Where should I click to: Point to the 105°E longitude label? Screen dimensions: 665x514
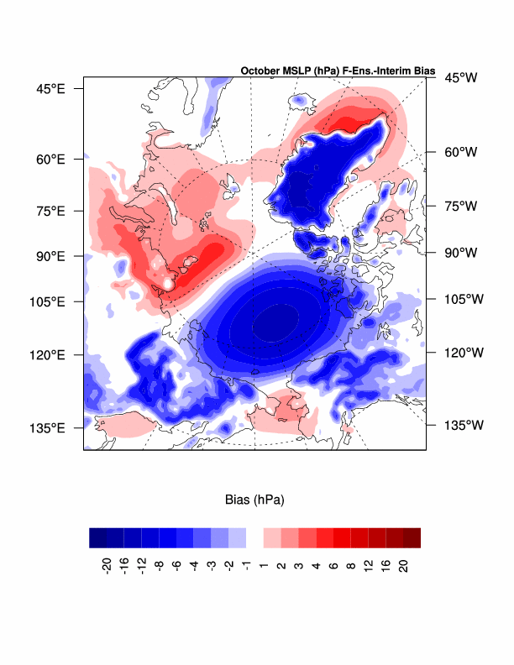(49, 301)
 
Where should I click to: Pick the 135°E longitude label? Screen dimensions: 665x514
(49, 427)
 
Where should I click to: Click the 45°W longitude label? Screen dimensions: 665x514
(460, 78)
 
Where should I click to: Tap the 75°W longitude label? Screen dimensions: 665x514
(460, 206)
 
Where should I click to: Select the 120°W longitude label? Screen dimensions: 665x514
(460, 353)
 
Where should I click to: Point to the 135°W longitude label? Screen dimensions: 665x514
(460, 425)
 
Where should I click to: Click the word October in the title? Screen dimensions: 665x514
(261, 71)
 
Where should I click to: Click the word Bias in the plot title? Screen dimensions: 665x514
(422, 71)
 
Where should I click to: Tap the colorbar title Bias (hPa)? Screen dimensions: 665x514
(254, 500)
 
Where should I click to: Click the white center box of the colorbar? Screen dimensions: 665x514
(254, 537)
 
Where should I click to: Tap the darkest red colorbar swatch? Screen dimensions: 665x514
(412, 537)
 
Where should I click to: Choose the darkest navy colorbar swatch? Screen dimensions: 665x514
(97, 537)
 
